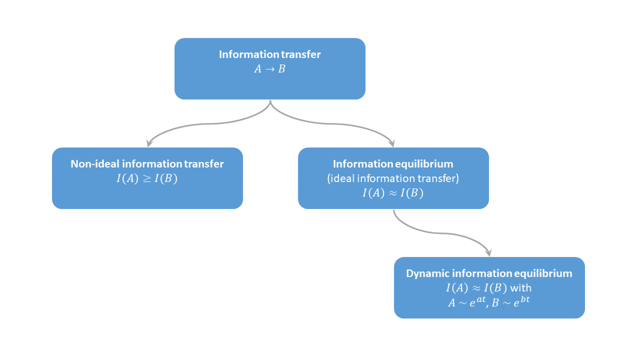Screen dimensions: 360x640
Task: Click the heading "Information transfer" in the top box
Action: tap(269, 54)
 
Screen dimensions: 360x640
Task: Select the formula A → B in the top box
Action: tap(269, 69)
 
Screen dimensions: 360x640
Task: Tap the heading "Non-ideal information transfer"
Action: tap(147, 164)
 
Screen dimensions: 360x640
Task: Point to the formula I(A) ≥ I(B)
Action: tap(147, 178)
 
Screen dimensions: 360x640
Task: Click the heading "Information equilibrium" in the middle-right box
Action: tap(393, 164)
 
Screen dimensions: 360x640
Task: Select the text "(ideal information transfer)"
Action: tap(393, 178)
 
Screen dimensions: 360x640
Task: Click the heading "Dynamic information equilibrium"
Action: tap(489, 273)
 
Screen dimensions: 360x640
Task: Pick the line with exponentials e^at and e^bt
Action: tap(489, 302)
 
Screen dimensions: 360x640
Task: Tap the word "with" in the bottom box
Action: tap(520, 288)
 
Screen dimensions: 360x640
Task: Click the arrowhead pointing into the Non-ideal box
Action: tap(148, 143)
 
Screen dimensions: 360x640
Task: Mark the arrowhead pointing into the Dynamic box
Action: tap(488, 253)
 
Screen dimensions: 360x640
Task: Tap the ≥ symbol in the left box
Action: tap(147, 179)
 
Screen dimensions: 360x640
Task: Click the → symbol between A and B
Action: tap(269, 69)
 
